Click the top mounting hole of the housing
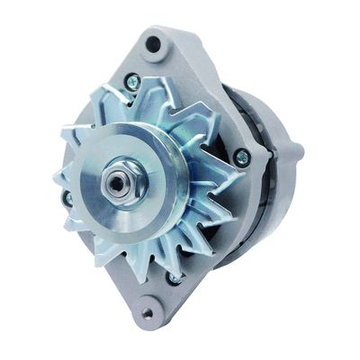pyautogui.click(x=153, y=42)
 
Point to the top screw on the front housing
pyautogui.click(x=133, y=83)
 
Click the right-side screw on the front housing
pyautogui.click(x=240, y=157)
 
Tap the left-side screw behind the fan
pyautogui.click(x=66, y=197)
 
